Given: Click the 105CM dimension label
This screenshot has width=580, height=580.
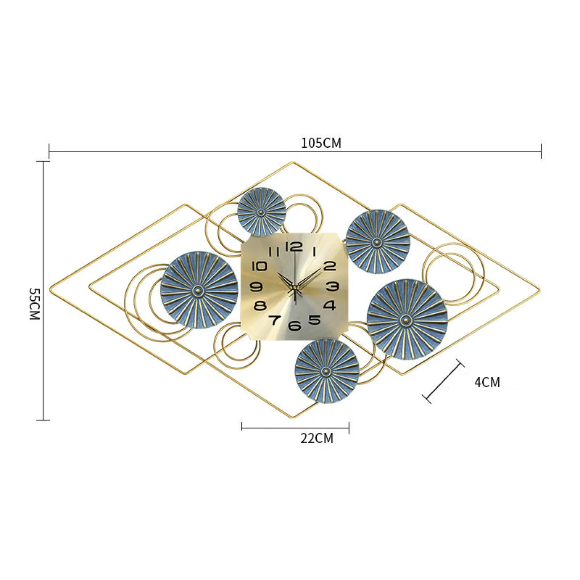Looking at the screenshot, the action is tap(321, 143).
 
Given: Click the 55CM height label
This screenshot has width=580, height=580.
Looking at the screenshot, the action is tap(35, 304).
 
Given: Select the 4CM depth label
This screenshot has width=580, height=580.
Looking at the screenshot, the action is tap(487, 382).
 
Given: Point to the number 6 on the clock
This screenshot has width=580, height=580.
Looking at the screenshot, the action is tap(294, 325).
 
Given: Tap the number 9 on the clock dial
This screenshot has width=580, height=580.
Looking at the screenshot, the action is tap(256, 287).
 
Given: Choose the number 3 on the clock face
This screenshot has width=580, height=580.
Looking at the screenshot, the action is tap(332, 286).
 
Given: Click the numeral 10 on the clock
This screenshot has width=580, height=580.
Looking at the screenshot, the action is tap(259, 266).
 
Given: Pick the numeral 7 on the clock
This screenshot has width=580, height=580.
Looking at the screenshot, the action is tap(274, 320).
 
